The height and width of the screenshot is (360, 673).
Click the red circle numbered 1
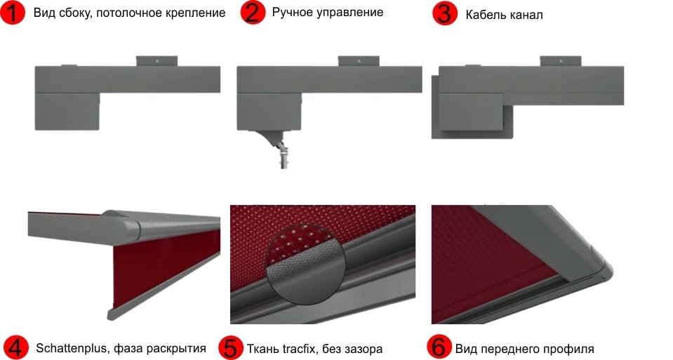click(x=13, y=13)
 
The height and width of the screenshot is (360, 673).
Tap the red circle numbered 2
click(x=253, y=12)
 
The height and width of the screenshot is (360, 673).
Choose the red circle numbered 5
click(x=231, y=347)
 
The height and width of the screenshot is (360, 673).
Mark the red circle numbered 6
click(x=439, y=347)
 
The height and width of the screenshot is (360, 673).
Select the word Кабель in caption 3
click(x=485, y=15)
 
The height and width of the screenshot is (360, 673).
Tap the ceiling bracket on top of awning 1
click(x=156, y=61)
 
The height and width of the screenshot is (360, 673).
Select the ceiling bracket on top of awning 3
click(x=561, y=61)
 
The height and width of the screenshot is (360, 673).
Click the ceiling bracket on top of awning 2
click(x=359, y=61)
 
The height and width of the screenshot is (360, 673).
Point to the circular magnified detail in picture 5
click(x=305, y=265)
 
